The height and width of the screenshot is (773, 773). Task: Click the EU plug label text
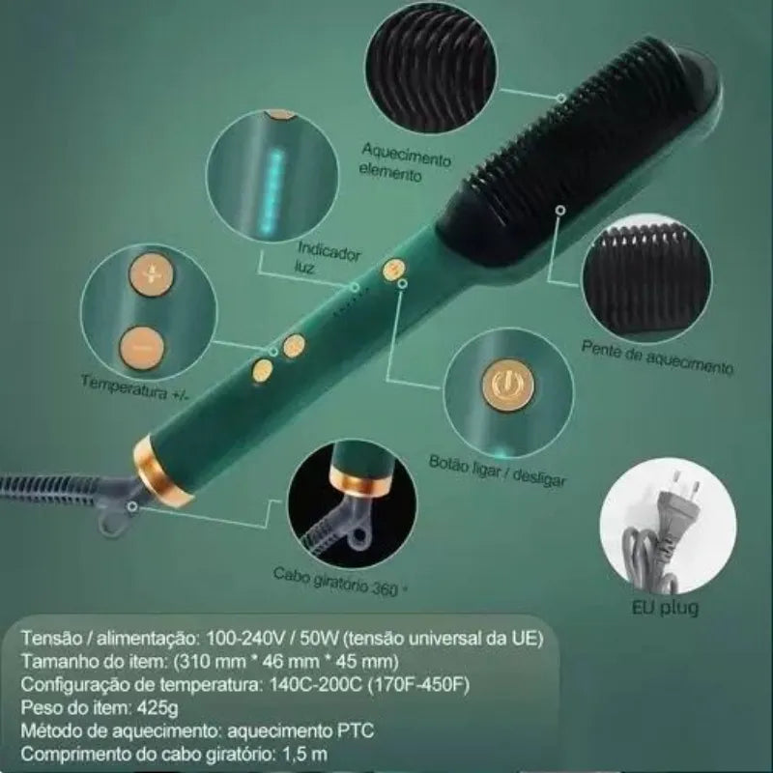665,608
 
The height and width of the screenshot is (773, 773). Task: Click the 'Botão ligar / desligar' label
498,470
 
